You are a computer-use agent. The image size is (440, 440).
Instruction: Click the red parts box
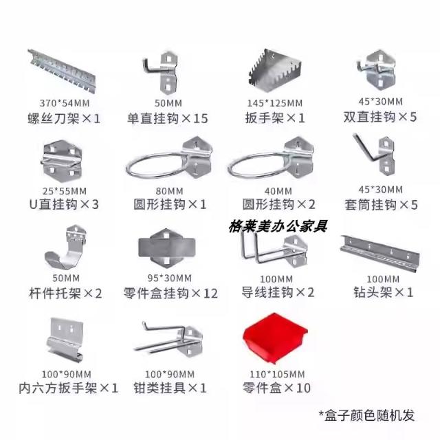(275, 338)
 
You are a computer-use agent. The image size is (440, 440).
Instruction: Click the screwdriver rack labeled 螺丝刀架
(63, 71)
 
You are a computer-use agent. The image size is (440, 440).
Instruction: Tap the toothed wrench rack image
(275, 71)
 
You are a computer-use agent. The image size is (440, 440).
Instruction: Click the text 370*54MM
(65, 103)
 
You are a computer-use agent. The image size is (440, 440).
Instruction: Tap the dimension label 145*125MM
(275, 103)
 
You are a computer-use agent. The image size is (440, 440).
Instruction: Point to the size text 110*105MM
(277, 374)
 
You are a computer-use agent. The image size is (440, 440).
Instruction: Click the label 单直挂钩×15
(168, 118)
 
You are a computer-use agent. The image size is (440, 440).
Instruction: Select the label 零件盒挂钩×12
(170, 294)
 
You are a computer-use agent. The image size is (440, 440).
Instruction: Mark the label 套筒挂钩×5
(381, 205)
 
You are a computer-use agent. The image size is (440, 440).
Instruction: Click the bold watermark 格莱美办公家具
(278, 226)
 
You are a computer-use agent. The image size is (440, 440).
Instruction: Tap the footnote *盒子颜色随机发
(366, 415)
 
